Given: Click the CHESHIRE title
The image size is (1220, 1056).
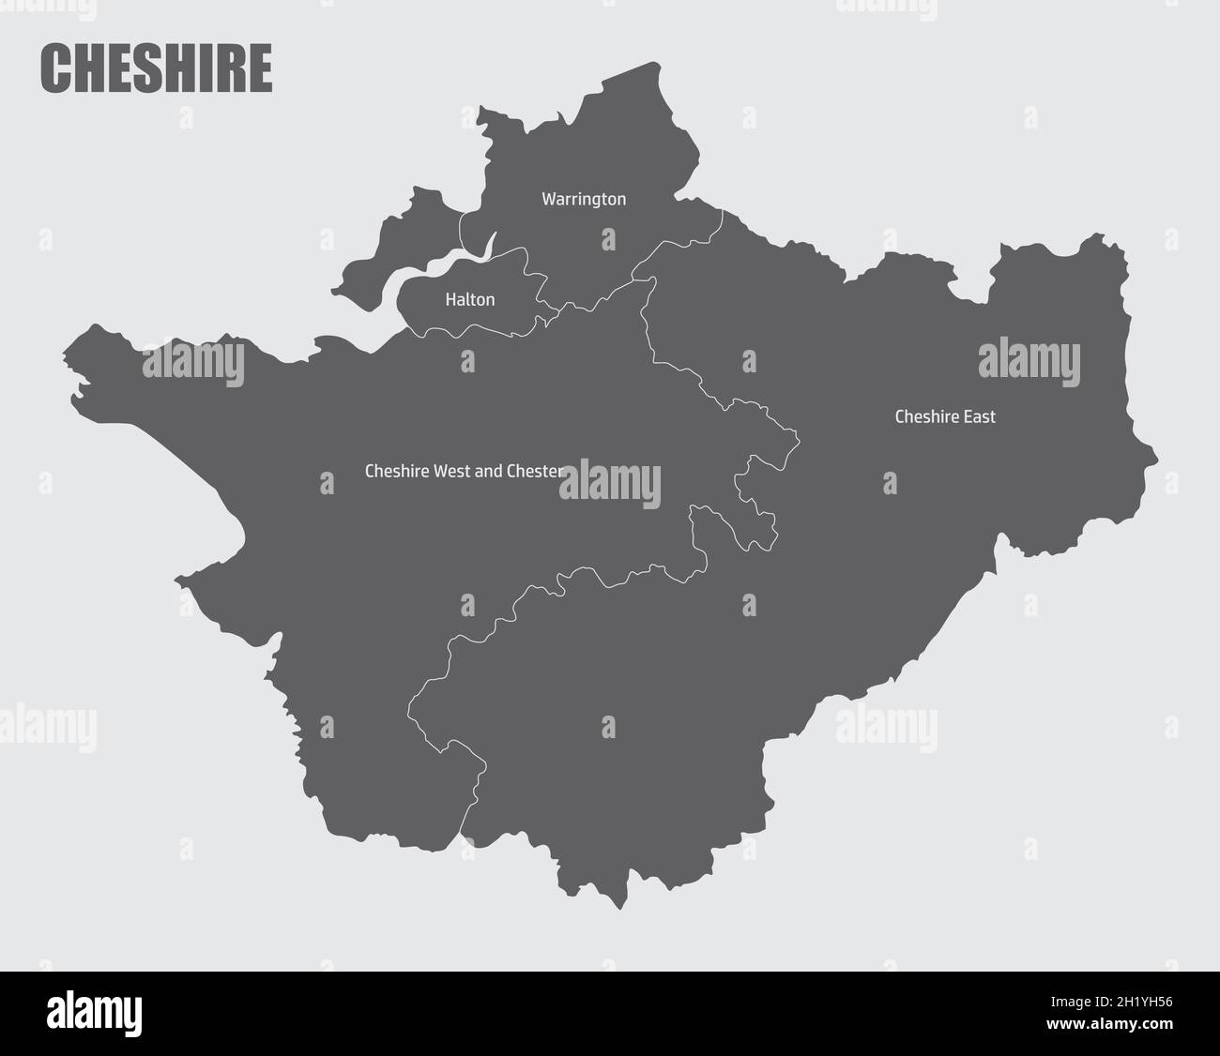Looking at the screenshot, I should (x=156, y=68).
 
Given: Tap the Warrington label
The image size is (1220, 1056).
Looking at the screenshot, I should (x=584, y=200).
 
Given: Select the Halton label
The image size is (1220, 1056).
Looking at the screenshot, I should (x=469, y=300).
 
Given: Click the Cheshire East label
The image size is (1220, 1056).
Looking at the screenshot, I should (x=945, y=416).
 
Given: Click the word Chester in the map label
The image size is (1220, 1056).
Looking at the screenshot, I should (x=535, y=471).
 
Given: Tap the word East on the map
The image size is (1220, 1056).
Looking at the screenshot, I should (x=979, y=416).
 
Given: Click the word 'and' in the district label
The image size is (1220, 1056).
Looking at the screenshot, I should (x=489, y=471).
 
